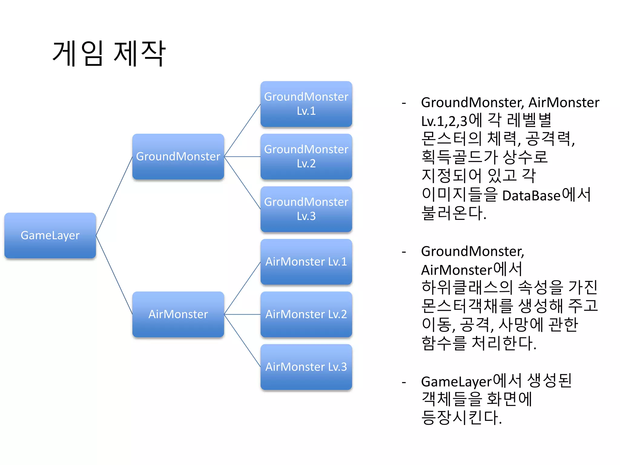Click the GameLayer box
pyautogui.click(x=50, y=236)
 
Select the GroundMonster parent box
pyautogui.click(x=178, y=157)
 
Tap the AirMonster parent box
pyautogui.click(x=178, y=314)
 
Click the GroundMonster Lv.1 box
pyautogui.click(x=306, y=104)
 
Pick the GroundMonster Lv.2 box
pyautogui.click(x=306, y=157)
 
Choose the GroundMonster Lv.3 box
pyautogui.click(x=306, y=209)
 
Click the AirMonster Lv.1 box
pyautogui.click(x=306, y=262)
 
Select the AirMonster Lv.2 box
pyautogui.click(x=306, y=314)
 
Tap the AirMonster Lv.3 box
pyautogui.click(x=306, y=367)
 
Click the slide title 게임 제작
pyautogui.click(x=109, y=54)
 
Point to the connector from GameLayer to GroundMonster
pyautogui.click(x=114, y=196)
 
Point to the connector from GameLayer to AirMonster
pyautogui.click(x=114, y=275)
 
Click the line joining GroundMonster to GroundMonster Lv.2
pyautogui.click(x=242, y=157)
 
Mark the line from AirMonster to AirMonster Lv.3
pyautogui.click(x=242, y=340)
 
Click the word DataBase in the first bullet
pyautogui.click(x=531, y=196)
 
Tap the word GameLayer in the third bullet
pyautogui.click(x=456, y=382)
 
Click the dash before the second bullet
pyautogui.click(x=404, y=252)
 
